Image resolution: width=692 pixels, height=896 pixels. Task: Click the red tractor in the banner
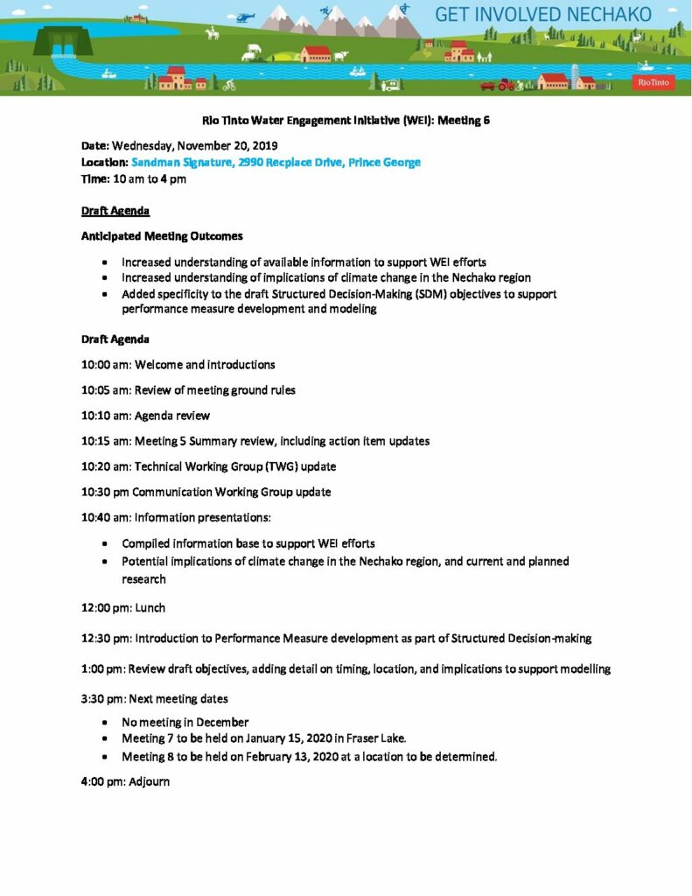coord(506,85)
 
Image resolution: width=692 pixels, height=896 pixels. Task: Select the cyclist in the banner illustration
coord(229,85)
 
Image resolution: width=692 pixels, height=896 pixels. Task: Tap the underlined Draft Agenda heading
coord(115,211)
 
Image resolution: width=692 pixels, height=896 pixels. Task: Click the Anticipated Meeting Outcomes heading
coord(162,236)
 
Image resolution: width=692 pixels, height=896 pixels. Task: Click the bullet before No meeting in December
coord(105,723)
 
